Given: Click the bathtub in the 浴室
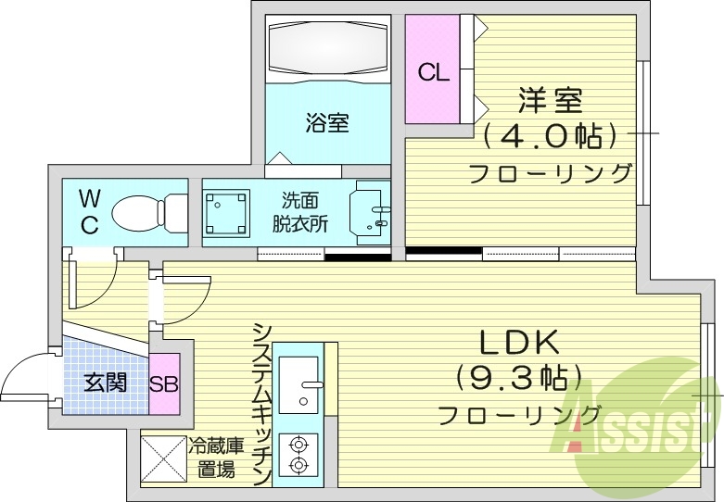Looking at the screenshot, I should (328, 51).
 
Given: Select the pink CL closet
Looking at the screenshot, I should (432, 72).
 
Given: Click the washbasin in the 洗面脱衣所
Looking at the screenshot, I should (370, 212).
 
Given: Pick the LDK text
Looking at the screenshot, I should (519, 343).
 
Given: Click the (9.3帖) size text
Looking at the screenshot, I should (519, 377).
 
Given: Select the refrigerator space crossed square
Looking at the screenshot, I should (162, 458).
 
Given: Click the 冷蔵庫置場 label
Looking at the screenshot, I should (216, 458).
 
